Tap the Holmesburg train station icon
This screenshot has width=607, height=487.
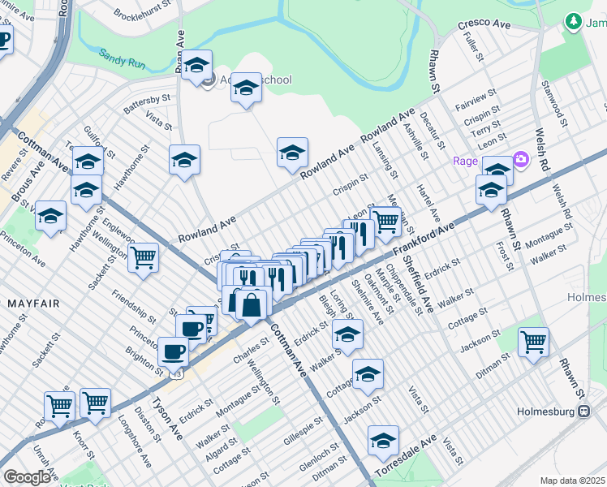(583, 412)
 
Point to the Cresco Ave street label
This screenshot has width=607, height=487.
(484, 25)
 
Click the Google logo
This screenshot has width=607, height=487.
(27, 477)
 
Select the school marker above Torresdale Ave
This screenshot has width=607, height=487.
(383, 441)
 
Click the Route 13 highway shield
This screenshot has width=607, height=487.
(176, 373)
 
